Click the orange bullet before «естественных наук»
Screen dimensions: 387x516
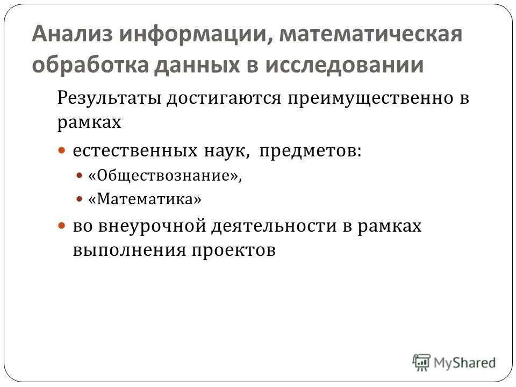pyautogui.click(x=62, y=151)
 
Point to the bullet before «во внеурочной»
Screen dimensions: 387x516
pyautogui.click(x=62, y=226)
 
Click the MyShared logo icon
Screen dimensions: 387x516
pyautogui.click(x=422, y=362)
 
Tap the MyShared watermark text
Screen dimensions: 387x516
pyautogui.click(x=464, y=363)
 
